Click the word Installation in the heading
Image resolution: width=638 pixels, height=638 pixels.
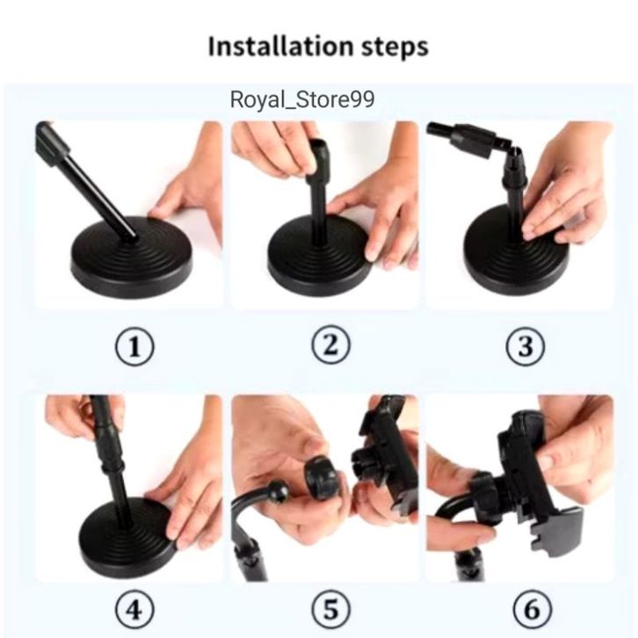click(280, 47)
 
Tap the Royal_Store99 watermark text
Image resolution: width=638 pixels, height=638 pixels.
click(302, 99)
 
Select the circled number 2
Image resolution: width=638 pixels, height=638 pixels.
click(330, 345)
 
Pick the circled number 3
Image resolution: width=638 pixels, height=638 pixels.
click(526, 346)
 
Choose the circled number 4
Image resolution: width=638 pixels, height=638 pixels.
click(134, 610)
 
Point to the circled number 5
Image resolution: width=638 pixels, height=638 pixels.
click(330, 610)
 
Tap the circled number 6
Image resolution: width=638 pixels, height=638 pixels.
click(532, 610)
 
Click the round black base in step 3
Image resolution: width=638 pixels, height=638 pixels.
click(516, 252)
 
